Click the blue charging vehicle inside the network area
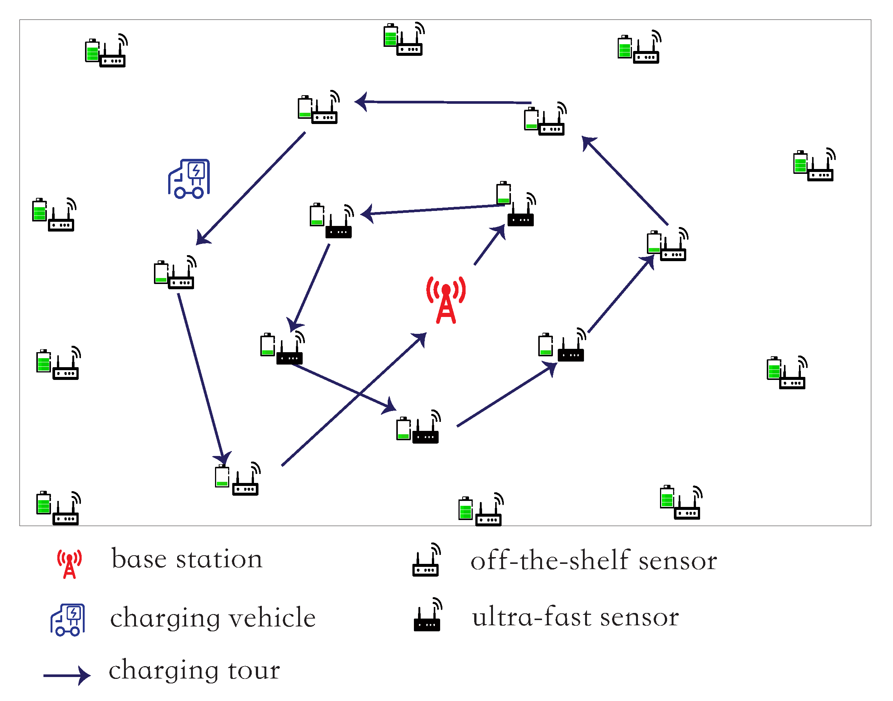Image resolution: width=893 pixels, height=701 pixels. point(189,179)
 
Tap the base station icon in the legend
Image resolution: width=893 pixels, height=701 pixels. point(69,564)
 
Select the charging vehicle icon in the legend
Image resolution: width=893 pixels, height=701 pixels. point(68,620)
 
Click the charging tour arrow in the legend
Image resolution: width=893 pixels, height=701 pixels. point(67,675)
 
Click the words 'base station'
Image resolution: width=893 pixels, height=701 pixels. point(187,559)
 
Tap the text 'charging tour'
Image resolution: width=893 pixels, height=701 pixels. point(194,670)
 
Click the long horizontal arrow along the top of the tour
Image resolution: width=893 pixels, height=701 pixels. point(443,102)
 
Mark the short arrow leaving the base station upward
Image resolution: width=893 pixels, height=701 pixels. point(490,245)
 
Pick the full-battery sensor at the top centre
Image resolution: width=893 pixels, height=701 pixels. point(404,40)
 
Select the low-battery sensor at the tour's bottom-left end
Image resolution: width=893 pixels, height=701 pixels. point(237,480)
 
